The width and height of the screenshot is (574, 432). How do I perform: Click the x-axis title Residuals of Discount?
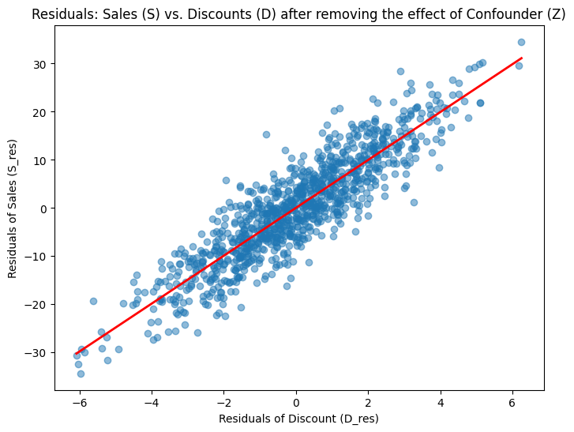[298, 418]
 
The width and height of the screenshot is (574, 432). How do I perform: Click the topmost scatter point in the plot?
[521, 42]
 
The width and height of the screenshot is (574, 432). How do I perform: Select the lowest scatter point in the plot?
[81, 374]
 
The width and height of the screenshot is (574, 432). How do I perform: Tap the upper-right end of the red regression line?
[521, 58]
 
